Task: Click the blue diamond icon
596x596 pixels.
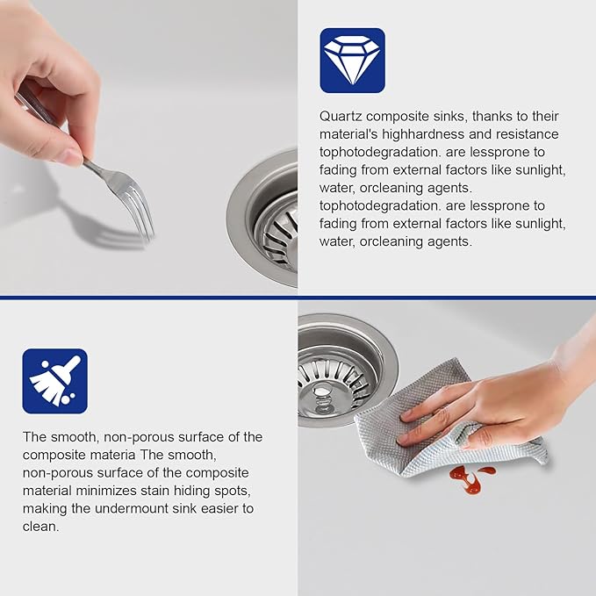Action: pyautogui.click(x=352, y=61)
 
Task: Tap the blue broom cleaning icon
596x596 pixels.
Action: pyautogui.click(x=54, y=381)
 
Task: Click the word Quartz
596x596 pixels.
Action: pyautogui.click(x=341, y=117)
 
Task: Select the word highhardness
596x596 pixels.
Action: pyautogui.click(x=423, y=134)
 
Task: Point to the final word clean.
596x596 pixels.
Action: pyautogui.click(x=40, y=527)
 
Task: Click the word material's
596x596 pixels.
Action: pyautogui.click(x=348, y=134)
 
